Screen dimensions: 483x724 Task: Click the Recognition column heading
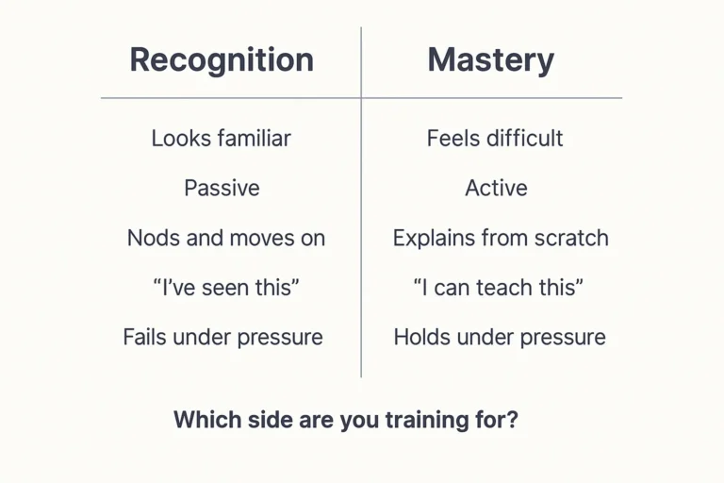(222, 60)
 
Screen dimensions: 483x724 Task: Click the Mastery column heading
(490, 60)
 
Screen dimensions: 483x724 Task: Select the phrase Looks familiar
(222, 139)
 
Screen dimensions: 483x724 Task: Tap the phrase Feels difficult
(495, 139)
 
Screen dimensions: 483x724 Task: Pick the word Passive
(222, 188)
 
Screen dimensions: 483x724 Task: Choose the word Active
(496, 188)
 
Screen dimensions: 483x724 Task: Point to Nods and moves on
(226, 238)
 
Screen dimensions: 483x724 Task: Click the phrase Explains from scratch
(501, 238)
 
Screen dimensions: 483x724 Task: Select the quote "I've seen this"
(226, 288)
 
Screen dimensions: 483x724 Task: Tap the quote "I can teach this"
(499, 288)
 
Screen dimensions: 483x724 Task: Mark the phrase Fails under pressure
(222, 337)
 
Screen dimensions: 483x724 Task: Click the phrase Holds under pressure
(500, 337)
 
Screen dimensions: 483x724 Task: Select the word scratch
(572, 238)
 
